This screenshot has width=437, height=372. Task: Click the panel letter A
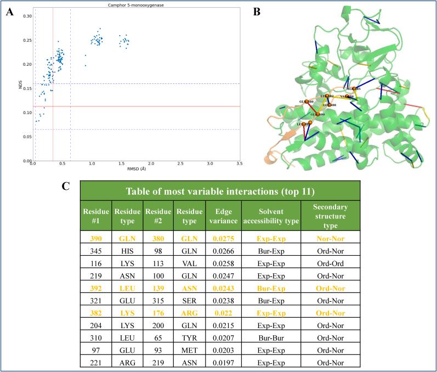[x=9, y=13]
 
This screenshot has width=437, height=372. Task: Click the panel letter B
[x=257, y=13]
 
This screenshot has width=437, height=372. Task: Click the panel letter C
[x=66, y=186]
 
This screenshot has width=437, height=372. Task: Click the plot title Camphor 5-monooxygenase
[x=136, y=5]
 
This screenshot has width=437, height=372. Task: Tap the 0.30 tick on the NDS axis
[x=26, y=15]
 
